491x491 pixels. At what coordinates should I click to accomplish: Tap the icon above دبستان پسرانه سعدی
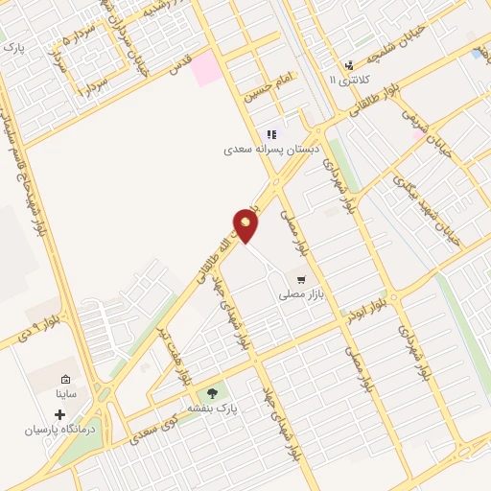tap(271, 134)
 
